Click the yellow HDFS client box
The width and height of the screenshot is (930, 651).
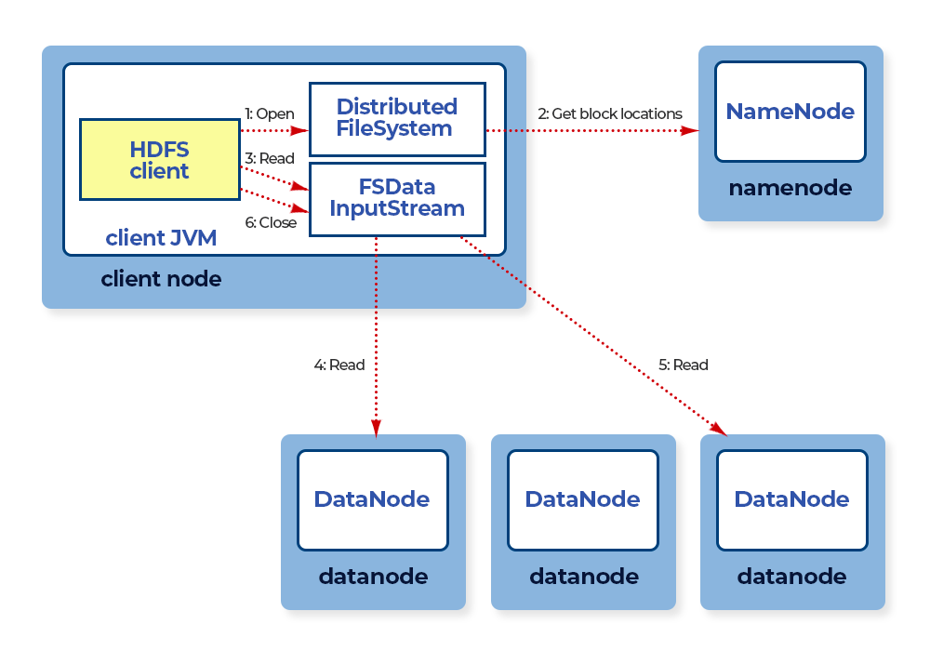click(x=160, y=159)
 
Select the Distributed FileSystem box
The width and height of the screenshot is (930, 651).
click(x=397, y=119)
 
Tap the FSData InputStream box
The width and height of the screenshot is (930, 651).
click(x=397, y=199)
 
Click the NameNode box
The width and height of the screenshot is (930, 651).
click(x=790, y=112)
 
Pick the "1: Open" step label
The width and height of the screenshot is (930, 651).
click(x=270, y=113)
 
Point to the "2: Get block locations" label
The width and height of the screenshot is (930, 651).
click(x=610, y=113)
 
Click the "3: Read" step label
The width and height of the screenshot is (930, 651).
click(x=270, y=158)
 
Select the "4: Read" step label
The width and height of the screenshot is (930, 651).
click(x=339, y=365)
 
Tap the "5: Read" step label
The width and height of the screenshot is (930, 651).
click(x=684, y=365)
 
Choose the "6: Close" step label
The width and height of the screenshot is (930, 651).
click(x=271, y=222)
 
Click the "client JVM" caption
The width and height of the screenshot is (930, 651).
click(x=161, y=238)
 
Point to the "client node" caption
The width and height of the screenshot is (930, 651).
click(x=161, y=279)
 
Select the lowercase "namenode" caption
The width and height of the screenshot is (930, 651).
click(x=790, y=188)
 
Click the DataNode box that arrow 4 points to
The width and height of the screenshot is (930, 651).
click(x=373, y=499)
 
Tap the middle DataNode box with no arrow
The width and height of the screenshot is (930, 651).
click(x=583, y=499)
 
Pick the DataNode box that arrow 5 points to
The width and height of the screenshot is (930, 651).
click(x=792, y=499)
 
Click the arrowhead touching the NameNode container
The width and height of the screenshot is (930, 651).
click(x=690, y=130)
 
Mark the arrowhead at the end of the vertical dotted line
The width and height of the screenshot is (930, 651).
click(x=376, y=428)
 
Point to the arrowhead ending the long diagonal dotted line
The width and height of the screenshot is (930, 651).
click(x=719, y=429)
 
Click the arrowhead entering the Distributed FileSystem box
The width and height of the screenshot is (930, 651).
click(x=300, y=130)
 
